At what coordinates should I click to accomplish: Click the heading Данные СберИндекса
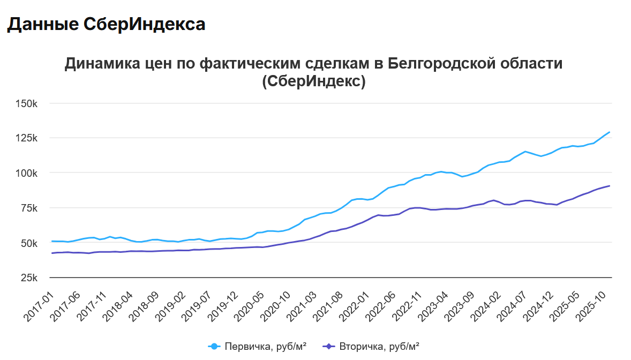[x=106, y=24]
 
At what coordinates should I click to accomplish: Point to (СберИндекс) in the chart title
[x=314, y=81]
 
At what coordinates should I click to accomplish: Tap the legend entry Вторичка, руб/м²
[x=372, y=347]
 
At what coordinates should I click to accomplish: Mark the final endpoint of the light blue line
[x=610, y=132]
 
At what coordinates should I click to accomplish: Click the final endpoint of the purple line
[x=610, y=186]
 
